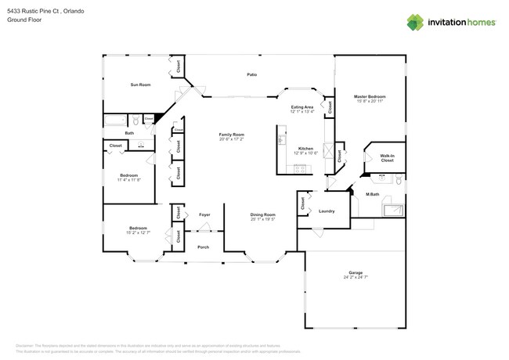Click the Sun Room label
click(x=140, y=84)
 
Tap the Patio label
click(x=251, y=74)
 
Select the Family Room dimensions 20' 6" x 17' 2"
click(x=231, y=139)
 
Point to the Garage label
click(x=356, y=272)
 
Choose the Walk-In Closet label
click(x=387, y=158)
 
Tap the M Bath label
click(x=373, y=194)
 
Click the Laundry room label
click(x=327, y=211)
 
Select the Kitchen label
click(x=305, y=148)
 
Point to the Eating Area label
click(x=302, y=106)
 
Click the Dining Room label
click(x=262, y=214)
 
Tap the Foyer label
click(x=204, y=214)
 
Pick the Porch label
click(x=203, y=247)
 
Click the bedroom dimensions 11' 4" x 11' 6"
click(x=129, y=179)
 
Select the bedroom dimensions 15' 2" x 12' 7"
click(x=137, y=231)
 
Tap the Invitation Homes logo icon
click(x=416, y=23)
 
